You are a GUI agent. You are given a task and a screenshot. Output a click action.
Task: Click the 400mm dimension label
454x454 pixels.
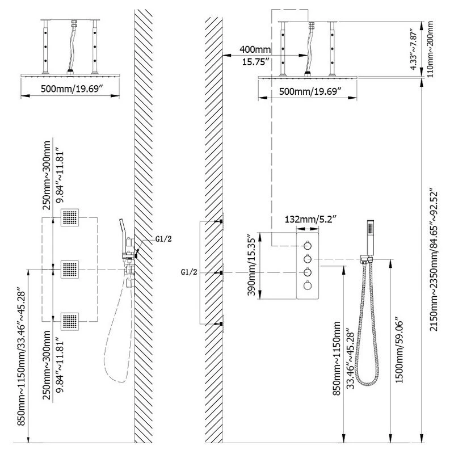click(x=255, y=49)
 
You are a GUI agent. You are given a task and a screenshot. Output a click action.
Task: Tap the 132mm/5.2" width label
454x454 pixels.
click(x=310, y=219)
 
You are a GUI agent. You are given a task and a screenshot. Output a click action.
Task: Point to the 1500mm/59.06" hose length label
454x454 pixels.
click(x=400, y=352)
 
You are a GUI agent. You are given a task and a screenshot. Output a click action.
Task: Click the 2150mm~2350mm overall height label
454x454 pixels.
click(x=433, y=260)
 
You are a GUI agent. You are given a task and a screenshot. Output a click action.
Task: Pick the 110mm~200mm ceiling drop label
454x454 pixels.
click(x=430, y=49)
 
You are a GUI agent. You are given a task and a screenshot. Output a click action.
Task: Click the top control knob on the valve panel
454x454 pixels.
click(x=308, y=246)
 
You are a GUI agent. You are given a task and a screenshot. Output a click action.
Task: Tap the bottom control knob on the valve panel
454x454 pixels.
click(x=308, y=286)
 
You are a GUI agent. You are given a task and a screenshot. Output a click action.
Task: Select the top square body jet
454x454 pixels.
click(x=69, y=217)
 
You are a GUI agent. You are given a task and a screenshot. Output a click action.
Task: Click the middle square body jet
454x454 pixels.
click(x=69, y=269)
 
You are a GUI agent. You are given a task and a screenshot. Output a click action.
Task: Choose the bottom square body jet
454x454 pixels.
click(x=69, y=321)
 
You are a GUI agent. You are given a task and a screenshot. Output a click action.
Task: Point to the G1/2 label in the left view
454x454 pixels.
click(x=163, y=239)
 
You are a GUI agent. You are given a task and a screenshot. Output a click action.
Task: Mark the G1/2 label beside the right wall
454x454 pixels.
click(x=189, y=272)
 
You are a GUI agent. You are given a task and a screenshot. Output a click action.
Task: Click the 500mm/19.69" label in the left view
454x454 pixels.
click(x=72, y=89)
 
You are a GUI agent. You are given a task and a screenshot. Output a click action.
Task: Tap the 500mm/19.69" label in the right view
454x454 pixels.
click(x=310, y=91)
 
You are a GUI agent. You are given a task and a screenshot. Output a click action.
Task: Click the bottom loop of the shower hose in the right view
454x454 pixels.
click(x=367, y=381)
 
